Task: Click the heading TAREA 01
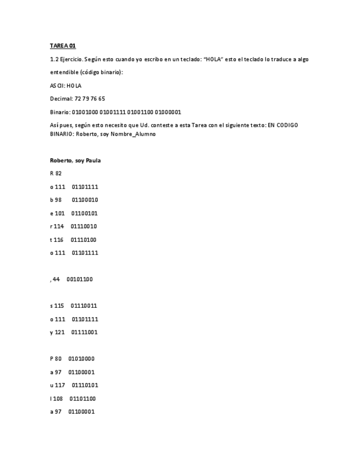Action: click(x=63, y=46)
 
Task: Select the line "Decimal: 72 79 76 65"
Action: click(x=77, y=99)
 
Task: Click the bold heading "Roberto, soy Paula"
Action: click(x=75, y=160)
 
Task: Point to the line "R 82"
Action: click(x=56, y=174)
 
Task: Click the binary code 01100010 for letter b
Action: click(x=85, y=200)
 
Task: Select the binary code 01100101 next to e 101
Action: click(x=85, y=213)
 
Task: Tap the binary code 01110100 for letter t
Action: click(x=85, y=240)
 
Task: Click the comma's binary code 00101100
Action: click(x=80, y=279)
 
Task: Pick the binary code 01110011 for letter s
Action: click(x=85, y=306)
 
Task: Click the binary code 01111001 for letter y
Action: click(x=85, y=332)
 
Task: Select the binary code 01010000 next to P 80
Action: click(x=81, y=359)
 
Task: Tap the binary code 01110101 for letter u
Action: click(x=85, y=385)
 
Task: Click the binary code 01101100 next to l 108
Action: click(x=82, y=398)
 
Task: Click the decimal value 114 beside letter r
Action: click(x=59, y=226)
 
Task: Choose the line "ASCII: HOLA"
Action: click(x=66, y=86)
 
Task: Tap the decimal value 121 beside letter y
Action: click(x=59, y=332)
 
